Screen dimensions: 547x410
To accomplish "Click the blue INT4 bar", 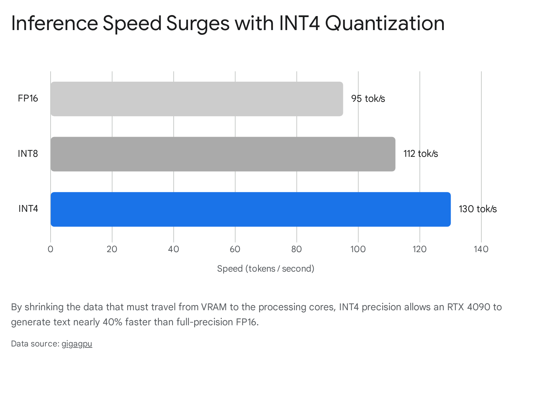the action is pyautogui.click(x=251, y=209).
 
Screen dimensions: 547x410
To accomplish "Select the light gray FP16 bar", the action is pyautogui.click(x=197, y=99).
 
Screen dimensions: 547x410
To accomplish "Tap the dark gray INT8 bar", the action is pyautogui.click(x=223, y=154).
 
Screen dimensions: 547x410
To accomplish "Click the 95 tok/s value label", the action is pyautogui.click(x=368, y=99).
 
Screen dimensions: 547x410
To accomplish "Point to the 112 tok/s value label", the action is pyautogui.click(x=421, y=154).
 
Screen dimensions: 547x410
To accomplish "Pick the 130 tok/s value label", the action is pyautogui.click(x=478, y=209).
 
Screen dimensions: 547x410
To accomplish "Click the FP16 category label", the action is pyautogui.click(x=28, y=98).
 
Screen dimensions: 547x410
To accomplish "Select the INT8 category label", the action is pyautogui.click(x=28, y=154).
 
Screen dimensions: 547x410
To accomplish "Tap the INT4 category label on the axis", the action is pyautogui.click(x=28, y=209).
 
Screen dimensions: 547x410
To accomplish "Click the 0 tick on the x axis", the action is pyautogui.click(x=51, y=249).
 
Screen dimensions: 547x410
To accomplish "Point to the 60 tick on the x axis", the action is pyautogui.click(x=235, y=249).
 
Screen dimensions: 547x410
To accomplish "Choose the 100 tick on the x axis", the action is pyautogui.click(x=358, y=249).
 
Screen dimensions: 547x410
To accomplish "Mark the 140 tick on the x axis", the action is pyautogui.click(x=481, y=249).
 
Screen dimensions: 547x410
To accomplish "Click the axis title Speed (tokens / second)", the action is pyautogui.click(x=266, y=269).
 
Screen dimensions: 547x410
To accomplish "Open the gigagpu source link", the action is pyautogui.click(x=77, y=344).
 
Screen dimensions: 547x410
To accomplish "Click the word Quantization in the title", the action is pyautogui.click(x=385, y=23).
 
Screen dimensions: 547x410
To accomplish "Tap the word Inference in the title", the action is pyautogui.click(x=55, y=23).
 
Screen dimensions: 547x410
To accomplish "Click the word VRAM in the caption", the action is pyautogui.click(x=214, y=307).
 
